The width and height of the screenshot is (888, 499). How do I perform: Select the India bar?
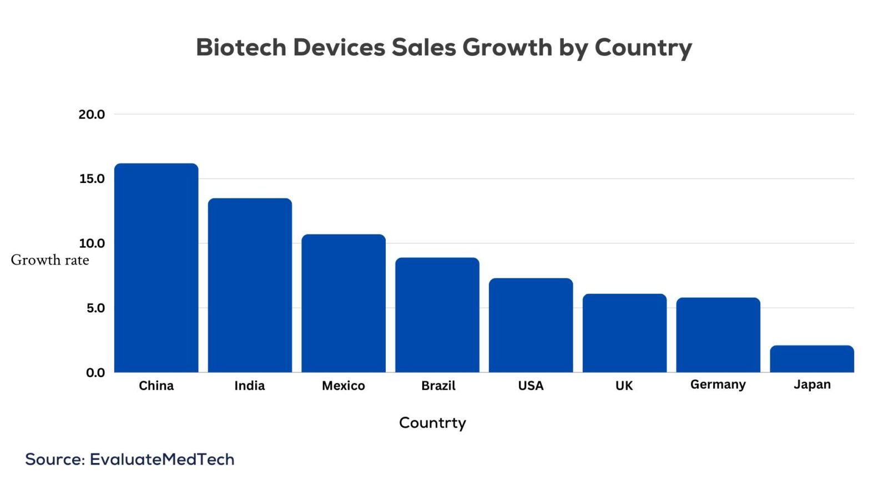tap(250, 285)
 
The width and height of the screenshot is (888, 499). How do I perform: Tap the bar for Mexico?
tap(344, 303)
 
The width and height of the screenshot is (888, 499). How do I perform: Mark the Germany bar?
tap(718, 335)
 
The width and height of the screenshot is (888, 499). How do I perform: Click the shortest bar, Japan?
tap(812, 359)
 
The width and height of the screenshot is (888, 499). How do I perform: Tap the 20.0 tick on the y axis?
tap(92, 114)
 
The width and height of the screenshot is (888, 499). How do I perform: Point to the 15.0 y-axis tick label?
tap(92, 179)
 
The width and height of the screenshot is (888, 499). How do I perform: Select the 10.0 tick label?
tap(92, 243)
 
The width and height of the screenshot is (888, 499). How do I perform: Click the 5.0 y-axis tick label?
tap(95, 308)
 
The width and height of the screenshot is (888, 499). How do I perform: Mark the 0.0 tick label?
tap(95, 373)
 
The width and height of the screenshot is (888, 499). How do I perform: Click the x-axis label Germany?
tap(718, 385)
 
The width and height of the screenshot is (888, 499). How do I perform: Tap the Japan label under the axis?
tap(812, 385)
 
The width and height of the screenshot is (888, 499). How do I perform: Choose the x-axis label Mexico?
tap(344, 386)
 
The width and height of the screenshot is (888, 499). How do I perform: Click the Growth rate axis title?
tap(50, 260)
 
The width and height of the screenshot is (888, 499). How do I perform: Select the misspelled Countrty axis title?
tap(432, 423)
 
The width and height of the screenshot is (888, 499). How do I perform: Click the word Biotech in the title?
tap(241, 48)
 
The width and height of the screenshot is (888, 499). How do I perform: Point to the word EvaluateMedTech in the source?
tap(162, 460)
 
